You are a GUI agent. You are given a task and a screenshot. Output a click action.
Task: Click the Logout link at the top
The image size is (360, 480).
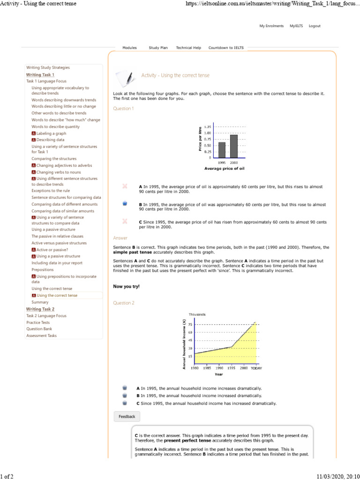315,26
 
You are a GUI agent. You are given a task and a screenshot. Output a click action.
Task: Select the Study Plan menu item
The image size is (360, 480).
158,48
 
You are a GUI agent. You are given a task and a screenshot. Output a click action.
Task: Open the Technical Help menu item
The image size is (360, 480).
188,48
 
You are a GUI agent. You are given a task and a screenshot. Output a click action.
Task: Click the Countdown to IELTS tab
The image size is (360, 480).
226,48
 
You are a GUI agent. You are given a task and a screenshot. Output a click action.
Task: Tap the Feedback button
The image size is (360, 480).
127,416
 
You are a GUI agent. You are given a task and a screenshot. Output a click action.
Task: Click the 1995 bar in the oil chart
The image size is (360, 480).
222,150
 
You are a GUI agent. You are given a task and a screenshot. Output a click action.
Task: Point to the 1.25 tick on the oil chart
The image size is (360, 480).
208,127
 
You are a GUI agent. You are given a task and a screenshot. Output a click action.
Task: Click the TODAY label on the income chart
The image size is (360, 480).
256,368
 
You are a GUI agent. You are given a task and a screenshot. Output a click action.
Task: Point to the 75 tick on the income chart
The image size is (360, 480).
190,324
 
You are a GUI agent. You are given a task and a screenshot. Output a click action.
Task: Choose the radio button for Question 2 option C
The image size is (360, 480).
125,403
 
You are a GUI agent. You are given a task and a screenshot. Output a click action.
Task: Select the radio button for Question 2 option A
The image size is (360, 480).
125,388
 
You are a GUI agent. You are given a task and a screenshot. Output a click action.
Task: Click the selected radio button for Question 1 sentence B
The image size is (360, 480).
125,203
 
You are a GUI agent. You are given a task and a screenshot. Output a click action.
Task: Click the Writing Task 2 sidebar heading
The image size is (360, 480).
40,309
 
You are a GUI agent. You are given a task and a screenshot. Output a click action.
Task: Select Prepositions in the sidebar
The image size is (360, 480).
43,270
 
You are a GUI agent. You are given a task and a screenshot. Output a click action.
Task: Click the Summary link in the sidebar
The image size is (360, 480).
40,302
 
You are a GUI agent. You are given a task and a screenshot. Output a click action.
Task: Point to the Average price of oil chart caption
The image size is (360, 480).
225,168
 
